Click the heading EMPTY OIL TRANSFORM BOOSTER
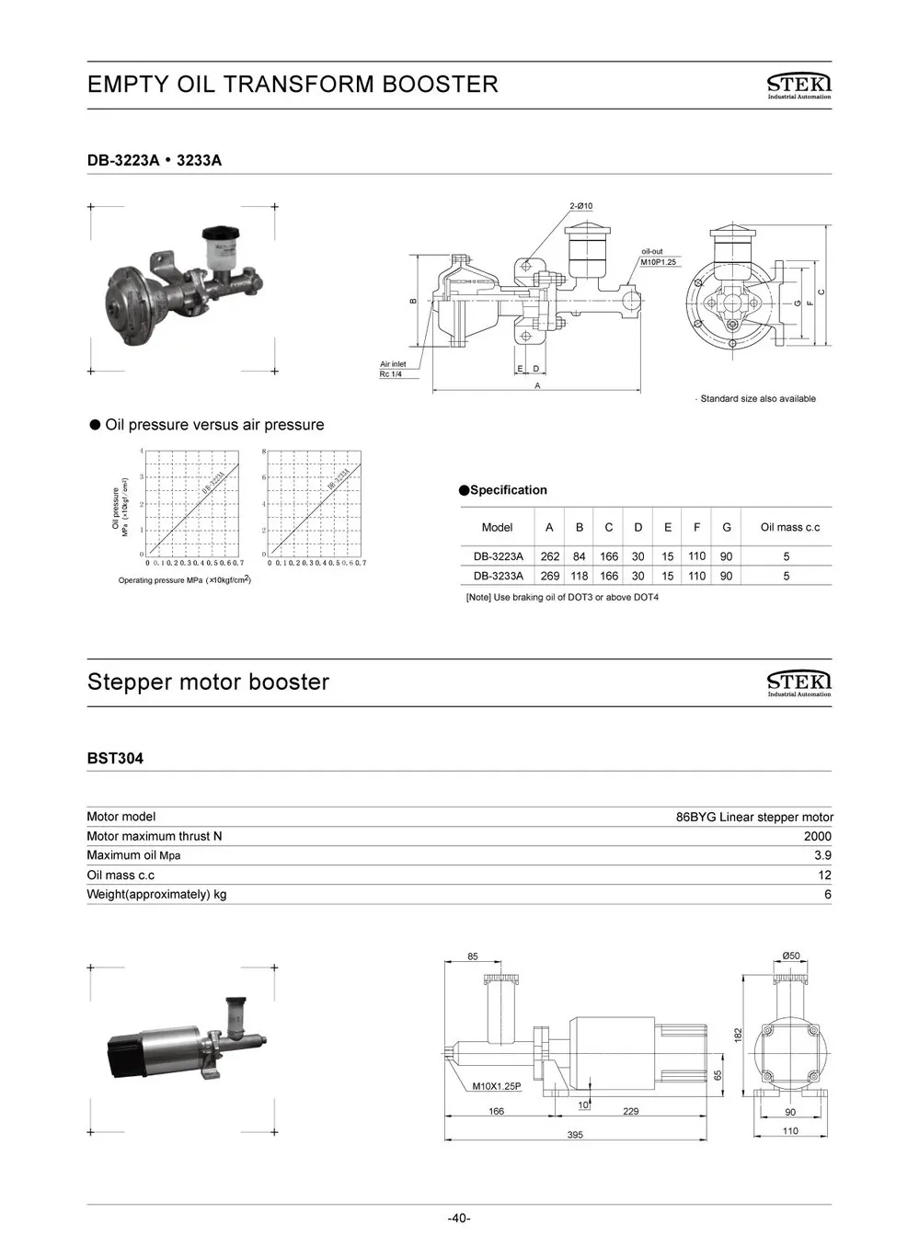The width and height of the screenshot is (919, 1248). (293, 85)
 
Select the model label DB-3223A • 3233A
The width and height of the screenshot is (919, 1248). (155, 161)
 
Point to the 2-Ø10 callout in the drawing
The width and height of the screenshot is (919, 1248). (580, 206)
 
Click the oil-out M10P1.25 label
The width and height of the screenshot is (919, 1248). (658, 257)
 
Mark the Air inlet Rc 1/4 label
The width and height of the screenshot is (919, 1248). (393, 370)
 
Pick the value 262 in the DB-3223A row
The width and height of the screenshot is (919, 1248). (549, 556)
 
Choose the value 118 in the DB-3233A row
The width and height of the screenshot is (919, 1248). (579, 577)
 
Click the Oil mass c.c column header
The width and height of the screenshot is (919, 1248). (789, 528)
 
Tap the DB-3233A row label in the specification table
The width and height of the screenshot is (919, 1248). (498, 577)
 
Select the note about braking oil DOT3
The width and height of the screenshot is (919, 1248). (562, 598)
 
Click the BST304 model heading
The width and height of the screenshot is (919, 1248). (115, 759)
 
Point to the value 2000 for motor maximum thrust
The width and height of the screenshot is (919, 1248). (817, 837)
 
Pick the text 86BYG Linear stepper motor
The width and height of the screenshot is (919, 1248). (754, 817)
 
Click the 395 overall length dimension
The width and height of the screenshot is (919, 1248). (575, 1135)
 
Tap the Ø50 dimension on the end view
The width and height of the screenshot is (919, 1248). (790, 956)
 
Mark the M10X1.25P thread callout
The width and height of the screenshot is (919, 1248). (497, 1086)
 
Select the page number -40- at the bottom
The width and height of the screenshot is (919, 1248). (459, 1219)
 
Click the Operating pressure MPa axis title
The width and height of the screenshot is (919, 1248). (184, 580)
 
